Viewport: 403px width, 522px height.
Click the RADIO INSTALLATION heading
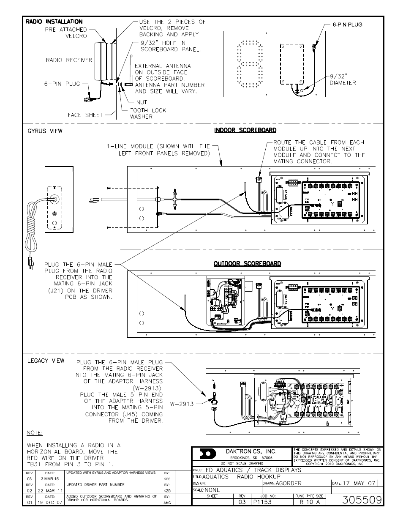[x=54, y=22]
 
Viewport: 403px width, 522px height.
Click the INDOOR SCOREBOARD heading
[x=245, y=130]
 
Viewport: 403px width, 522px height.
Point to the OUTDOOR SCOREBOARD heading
[x=247, y=263]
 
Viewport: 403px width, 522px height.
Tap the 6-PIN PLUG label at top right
[x=347, y=25]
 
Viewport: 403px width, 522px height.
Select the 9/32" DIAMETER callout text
[x=343, y=79]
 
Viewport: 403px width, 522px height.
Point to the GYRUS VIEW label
[x=45, y=131]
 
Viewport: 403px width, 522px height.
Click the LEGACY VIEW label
[x=46, y=361]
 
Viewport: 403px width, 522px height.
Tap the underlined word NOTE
[x=35, y=433]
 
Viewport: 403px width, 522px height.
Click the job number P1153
[x=263, y=502]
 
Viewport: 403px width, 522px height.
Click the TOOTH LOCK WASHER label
[x=148, y=113]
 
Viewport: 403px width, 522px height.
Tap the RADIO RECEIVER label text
[x=69, y=60]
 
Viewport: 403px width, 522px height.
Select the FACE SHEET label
[x=85, y=115]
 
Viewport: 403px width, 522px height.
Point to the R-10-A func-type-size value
[x=309, y=502]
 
